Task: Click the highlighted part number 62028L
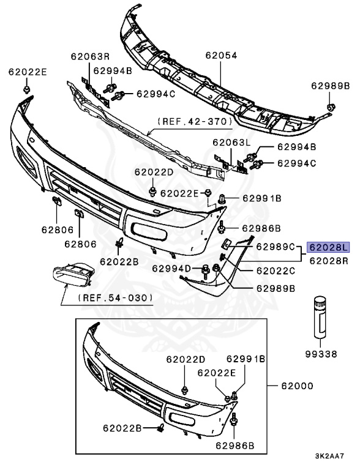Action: tap(328, 247)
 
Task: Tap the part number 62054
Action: tap(221, 56)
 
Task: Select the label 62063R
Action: tap(90, 56)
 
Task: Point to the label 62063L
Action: tap(231, 143)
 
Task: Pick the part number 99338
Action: tap(321, 354)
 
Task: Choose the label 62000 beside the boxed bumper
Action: tap(297, 386)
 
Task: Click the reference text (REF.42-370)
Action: tap(195, 121)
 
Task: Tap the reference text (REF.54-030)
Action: tap(115, 298)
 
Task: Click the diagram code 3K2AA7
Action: tap(329, 456)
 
